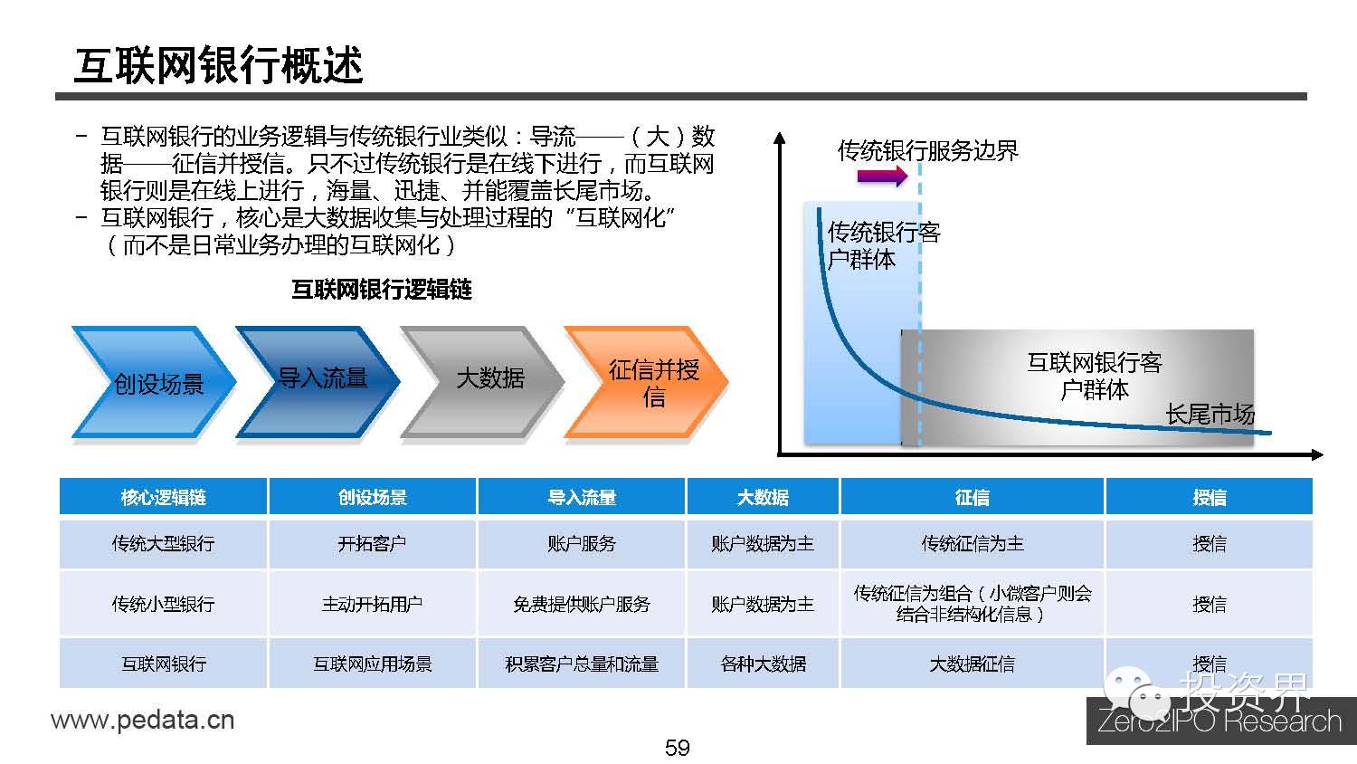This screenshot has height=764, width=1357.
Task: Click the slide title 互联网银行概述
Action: (218, 65)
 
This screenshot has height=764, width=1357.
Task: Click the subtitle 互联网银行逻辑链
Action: (381, 290)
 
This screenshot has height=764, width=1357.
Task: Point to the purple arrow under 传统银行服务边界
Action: (880, 177)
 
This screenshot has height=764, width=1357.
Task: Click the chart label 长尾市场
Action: (1210, 415)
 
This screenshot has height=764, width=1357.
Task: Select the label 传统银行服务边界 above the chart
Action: (927, 150)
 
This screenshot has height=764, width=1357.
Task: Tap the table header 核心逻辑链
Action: (163, 497)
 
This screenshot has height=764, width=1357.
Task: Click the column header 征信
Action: (972, 497)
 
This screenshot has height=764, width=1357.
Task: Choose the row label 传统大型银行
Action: (163, 543)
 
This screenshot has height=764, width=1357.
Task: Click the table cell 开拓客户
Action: (372, 543)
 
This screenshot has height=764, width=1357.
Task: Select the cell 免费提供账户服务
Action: (581, 604)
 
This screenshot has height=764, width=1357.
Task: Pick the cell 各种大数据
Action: (763, 664)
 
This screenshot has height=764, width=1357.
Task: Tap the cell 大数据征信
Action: (972, 664)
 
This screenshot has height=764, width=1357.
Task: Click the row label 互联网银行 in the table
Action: (163, 664)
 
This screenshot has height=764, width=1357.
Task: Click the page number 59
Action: (677, 748)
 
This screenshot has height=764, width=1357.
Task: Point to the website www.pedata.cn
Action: (142, 721)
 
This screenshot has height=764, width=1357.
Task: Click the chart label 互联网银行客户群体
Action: (1094, 377)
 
